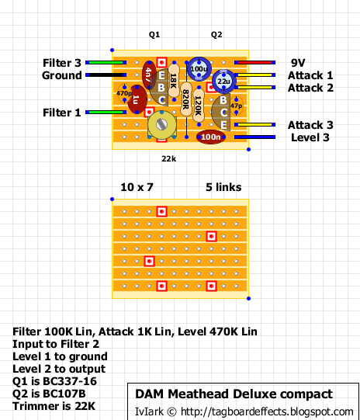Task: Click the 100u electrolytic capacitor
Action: (199, 69)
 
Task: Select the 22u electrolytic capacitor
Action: (223, 82)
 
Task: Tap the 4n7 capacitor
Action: (149, 75)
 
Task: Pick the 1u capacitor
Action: (137, 99)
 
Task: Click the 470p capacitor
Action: (124, 93)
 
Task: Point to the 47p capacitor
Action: (236, 106)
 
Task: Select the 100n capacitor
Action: (211, 137)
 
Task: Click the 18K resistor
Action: (174, 81)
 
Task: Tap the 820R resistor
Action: (186, 99)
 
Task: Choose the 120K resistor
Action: (199, 106)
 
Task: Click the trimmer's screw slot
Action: (161, 124)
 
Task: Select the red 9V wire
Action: (254, 62)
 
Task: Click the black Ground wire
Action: (106, 75)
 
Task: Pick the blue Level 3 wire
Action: (254, 137)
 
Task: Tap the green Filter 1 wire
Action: (106, 113)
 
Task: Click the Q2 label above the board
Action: (216, 35)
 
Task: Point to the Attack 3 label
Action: (310, 125)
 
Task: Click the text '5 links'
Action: (223, 187)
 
